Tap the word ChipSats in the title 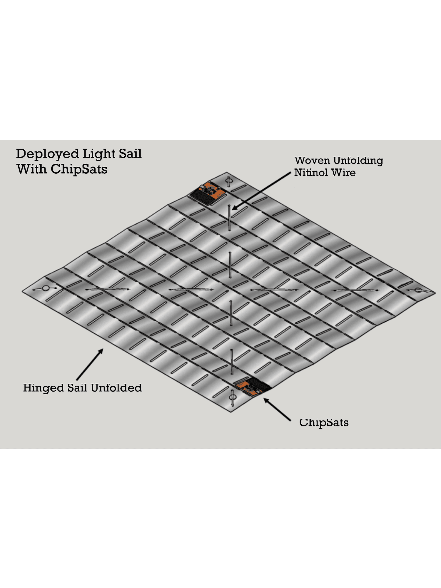79,169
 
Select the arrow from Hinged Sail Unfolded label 90,364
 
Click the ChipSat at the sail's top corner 208,193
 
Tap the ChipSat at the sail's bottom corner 253,386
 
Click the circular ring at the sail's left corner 46,288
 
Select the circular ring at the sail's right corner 418,290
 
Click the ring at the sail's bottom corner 233,398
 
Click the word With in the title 32,169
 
